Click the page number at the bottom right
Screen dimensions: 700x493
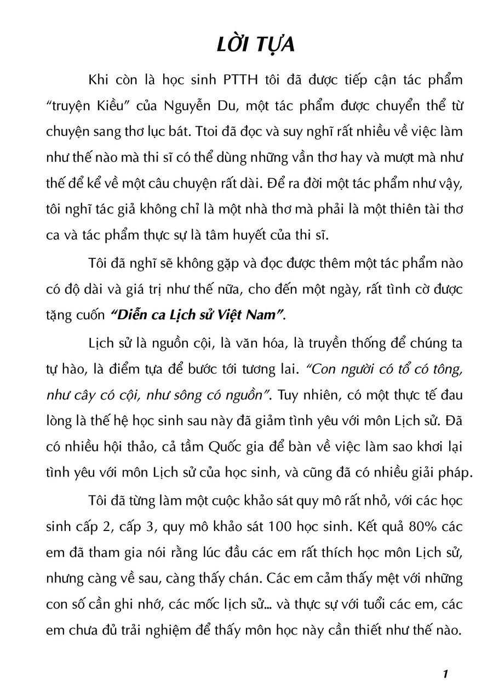tap(447, 674)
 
